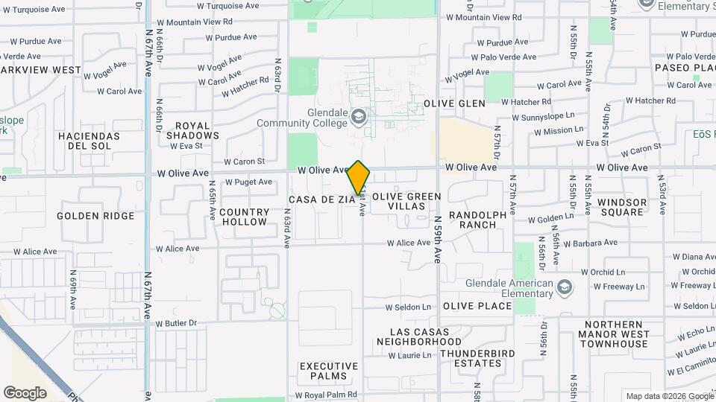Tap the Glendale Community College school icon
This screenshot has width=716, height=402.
(359, 117)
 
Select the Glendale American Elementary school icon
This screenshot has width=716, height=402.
(565, 287)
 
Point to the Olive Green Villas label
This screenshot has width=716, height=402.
(406, 201)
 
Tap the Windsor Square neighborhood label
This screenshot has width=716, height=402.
(621, 207)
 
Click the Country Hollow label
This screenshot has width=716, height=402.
(244, 217)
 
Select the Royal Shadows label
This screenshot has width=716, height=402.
(192, 131)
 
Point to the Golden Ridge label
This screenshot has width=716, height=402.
(96, 216)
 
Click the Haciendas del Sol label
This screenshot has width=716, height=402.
(89, 141)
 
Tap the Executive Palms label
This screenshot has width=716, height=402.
(329, 371)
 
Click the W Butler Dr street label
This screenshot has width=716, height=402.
(176, 324)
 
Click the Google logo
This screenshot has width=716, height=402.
(25, 393)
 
